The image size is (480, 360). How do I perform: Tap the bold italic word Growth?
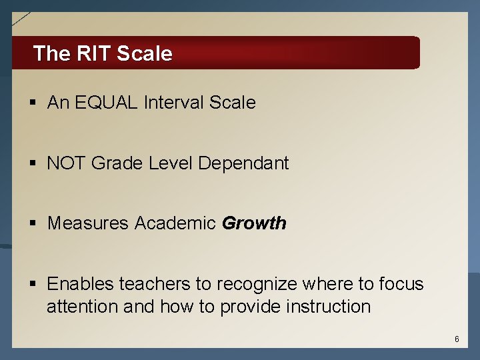(x=254, y=223)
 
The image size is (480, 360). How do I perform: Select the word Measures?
(x=88, y=223)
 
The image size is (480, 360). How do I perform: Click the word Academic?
(x=175, y=223)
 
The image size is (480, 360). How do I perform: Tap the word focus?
(x=401, y=284)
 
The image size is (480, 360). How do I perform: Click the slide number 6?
(x=457, y=339)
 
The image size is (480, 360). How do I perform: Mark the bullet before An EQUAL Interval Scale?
(x=32, y=103)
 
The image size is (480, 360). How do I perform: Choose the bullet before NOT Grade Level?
(x=32, y=164)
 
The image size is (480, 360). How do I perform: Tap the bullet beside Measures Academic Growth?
(x=32, y=224)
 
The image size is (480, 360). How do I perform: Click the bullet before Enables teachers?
(x=32, y=285)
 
